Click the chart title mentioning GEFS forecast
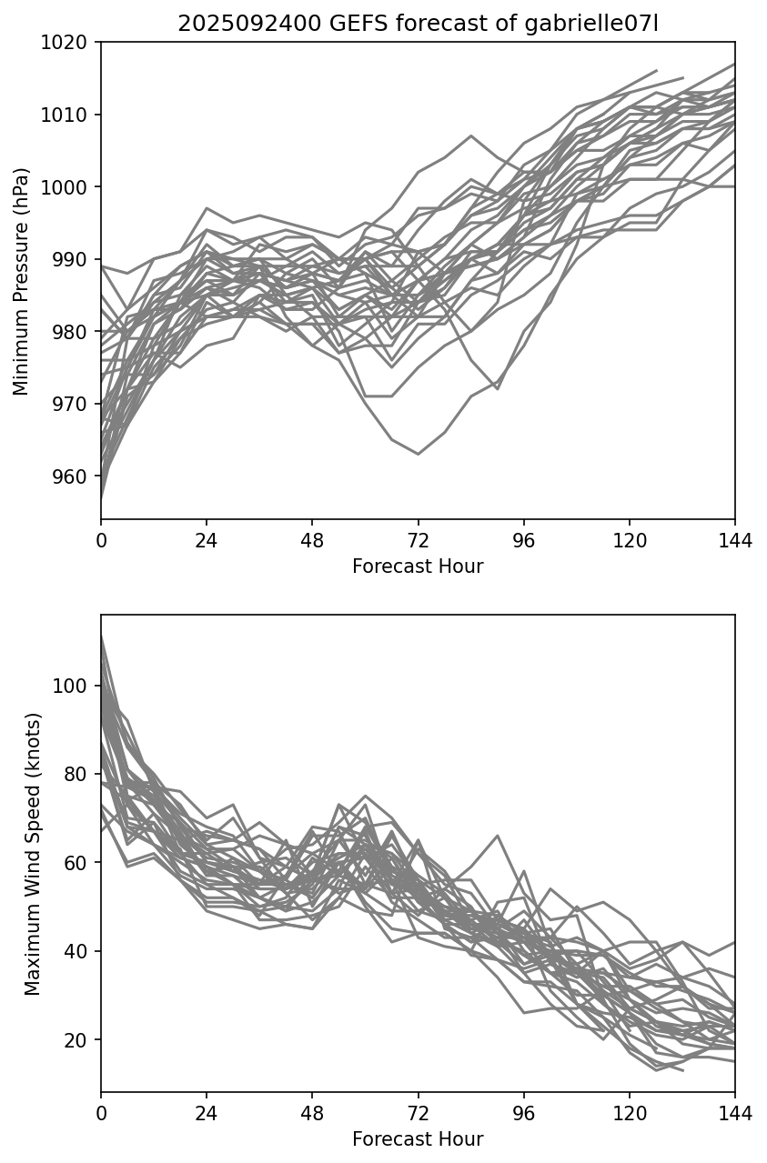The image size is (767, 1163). click(x=418, y=24)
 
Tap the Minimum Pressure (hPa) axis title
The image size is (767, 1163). click(x=22, y=281)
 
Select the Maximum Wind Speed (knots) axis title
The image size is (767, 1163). click(x=33, y=854)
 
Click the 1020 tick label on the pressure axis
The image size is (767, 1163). click(x=70, y=42)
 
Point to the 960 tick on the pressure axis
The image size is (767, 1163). click(x=75, y=476)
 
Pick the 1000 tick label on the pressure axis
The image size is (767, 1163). click(x=70, y=187)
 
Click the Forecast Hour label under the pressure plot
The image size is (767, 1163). click(x=418, y=567)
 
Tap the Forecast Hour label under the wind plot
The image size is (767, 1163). click(x=418, y=1139)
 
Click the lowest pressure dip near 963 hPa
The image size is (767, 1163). click(x=418, y=454)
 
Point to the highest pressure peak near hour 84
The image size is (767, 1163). click(x=471, y=135)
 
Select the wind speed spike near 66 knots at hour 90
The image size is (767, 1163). click(x=498, y=835)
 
